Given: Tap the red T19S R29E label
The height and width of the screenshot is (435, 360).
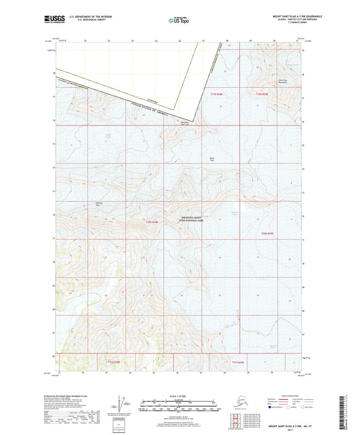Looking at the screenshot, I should click(x=216, y=94).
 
